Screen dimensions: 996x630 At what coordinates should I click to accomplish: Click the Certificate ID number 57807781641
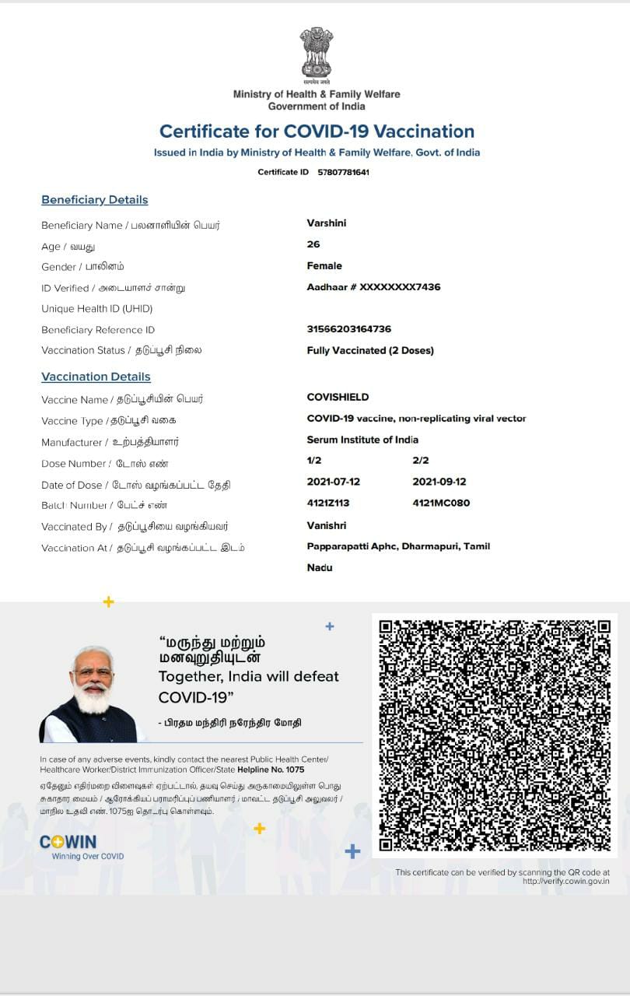pos(343,172)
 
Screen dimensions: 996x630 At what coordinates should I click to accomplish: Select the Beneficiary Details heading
pos(94,200)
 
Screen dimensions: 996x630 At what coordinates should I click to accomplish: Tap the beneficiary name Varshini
pos(327,223)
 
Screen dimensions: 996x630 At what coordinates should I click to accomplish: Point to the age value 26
pos(313,244)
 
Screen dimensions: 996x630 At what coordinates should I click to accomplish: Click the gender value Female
pos(324,266)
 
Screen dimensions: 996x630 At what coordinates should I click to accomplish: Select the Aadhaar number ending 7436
pos(373,287)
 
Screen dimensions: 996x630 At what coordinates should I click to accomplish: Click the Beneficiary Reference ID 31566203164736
pos(349,329)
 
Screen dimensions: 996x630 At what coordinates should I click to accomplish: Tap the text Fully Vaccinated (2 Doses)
pos(370,350)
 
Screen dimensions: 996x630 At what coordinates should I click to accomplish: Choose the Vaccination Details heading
pos(96,377)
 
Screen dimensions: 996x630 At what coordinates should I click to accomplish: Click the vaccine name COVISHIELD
pos(338,397)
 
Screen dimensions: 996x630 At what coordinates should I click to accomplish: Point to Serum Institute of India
pos(362,440)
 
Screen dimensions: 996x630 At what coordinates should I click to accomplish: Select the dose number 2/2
pos(421,461)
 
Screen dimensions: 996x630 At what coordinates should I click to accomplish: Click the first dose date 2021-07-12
pos(334,482)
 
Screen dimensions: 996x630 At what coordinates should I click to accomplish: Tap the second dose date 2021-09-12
pos(439,482)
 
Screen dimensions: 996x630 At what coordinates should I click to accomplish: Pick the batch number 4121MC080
pos(441,503)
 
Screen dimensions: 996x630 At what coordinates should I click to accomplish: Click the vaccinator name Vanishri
pos(327,526)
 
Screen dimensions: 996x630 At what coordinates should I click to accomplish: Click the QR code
pos(495,735)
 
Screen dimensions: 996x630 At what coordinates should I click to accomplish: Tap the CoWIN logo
pos(68,842)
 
